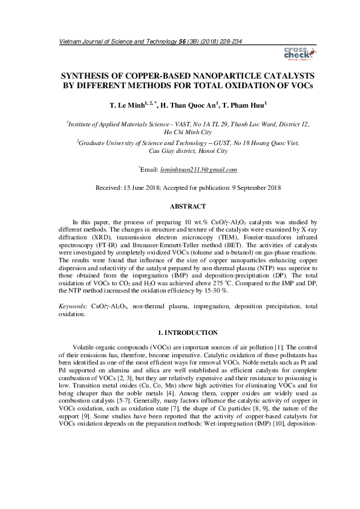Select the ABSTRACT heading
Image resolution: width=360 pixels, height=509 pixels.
180,206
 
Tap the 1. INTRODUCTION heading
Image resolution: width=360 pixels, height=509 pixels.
180,332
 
